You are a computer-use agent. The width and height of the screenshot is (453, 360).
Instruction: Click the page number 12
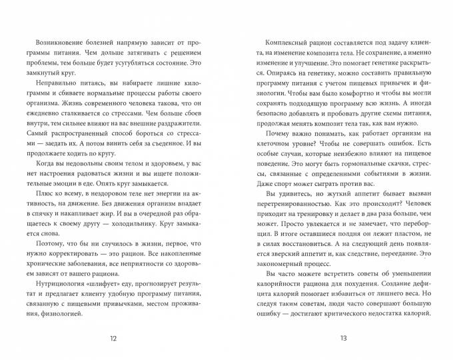click(113, 339)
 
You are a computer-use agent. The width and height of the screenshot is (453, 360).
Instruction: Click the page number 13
click(344, 339)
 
